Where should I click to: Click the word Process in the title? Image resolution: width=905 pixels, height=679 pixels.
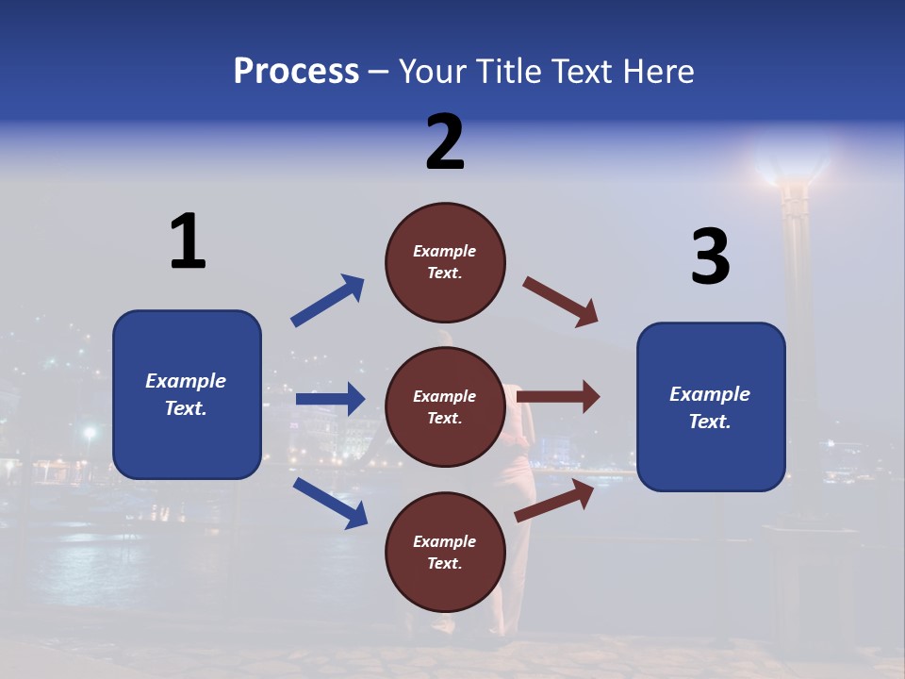(x=296, y=72)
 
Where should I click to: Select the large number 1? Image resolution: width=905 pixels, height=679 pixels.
(x=188, y=242)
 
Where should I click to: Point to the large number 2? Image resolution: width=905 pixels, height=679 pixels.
(x=445, y=142)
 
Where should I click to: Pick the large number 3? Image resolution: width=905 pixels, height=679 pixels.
(x=711, y=257)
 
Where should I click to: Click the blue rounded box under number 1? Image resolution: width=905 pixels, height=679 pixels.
(x=187, y=394)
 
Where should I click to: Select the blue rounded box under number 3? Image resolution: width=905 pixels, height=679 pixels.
(x=711, y=406)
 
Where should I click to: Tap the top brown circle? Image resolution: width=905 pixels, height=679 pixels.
(x=445, y=261)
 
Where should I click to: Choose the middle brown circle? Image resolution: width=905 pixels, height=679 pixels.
(x=445, y=406)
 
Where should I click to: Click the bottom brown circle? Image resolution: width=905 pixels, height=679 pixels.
(x=445, y=552)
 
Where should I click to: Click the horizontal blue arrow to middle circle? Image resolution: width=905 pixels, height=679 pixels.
(x=330, y=399)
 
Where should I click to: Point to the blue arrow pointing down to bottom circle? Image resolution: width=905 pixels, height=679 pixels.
(x=330, y=502)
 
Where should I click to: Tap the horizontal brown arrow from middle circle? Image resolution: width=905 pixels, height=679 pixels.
(x=558, y=396)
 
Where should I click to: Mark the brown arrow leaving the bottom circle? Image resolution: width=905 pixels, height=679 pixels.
(x=554, y=501)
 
